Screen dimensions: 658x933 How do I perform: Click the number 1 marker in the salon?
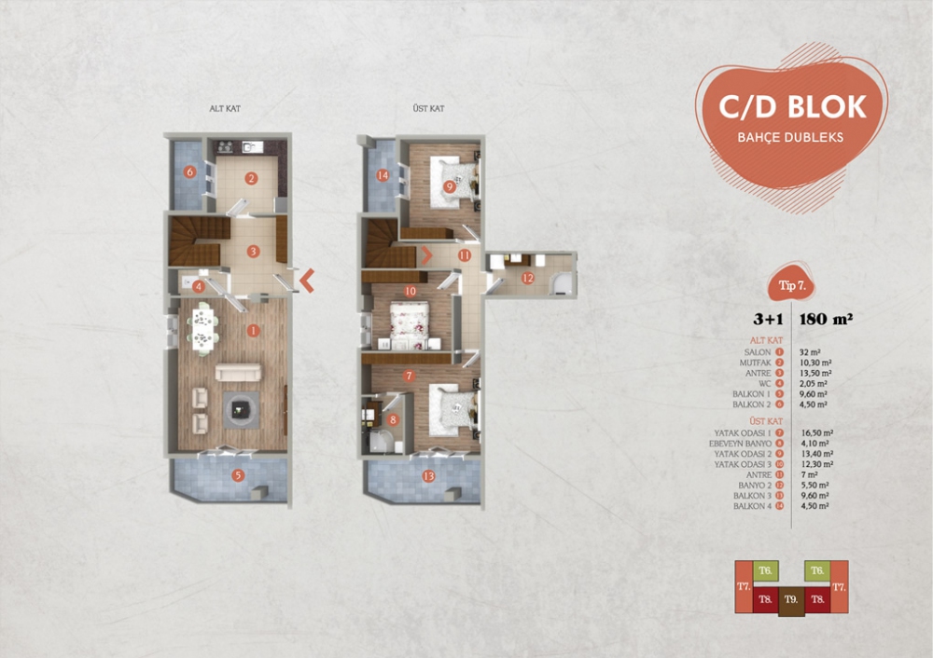[252, 329]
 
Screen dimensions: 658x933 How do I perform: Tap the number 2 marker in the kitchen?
[251, 178]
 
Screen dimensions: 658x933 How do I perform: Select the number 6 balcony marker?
[189, 171]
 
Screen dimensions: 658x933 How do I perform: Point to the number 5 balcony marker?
[239, 476]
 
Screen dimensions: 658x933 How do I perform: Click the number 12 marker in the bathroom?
[527, 278]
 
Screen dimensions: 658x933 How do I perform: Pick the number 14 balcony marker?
[383, 174]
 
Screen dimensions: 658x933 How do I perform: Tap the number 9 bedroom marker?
[450, 186]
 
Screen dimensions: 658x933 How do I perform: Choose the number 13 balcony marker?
[428, 476]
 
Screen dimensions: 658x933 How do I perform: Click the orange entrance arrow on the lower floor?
[306, 277]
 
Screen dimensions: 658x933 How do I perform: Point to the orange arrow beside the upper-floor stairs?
[427, 252]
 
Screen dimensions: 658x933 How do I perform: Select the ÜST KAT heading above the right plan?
[427, 109]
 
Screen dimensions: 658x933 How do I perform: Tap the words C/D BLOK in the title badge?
[792, 107]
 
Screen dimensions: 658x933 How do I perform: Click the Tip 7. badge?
[790, 286]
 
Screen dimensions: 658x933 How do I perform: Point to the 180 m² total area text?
[827, 318]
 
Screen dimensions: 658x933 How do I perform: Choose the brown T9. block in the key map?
[791, 598]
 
